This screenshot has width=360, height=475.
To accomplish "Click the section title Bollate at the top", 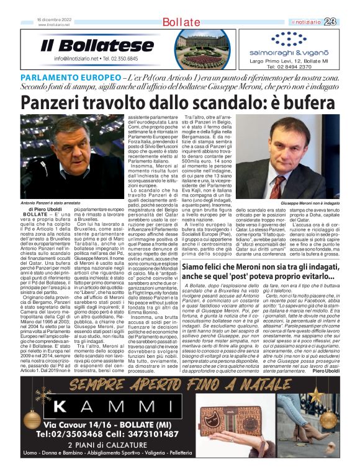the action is (x=181, y=22).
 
